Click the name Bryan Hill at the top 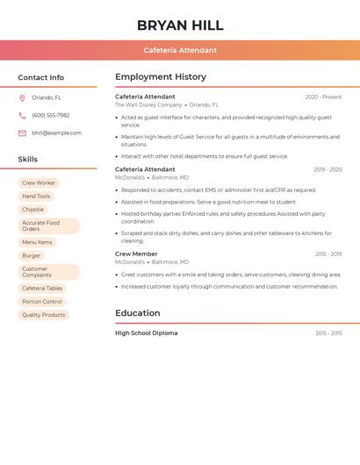tap(180, 25)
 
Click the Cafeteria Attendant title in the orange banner tap(180, 50)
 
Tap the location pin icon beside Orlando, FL tap(22, 98)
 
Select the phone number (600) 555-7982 tap(50, 115)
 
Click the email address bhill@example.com tap(56, 132)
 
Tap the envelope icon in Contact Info tap(22, 132)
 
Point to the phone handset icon tap(22, 115)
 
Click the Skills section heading tap(28, 160)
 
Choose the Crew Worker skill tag tap(39, 182)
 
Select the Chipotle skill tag tap(32, 210)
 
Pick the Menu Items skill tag tap(37, 242)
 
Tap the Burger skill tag tap(32, 255)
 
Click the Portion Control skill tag tap(42, 301)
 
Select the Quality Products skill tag tap(43, 314)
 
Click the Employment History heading tap(161, 77)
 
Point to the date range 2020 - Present tap(323, 97)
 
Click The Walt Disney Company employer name tap(148, 104)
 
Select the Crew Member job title tap(136, 254)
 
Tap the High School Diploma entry tap(146, 333)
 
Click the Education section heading tap(138, 313)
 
